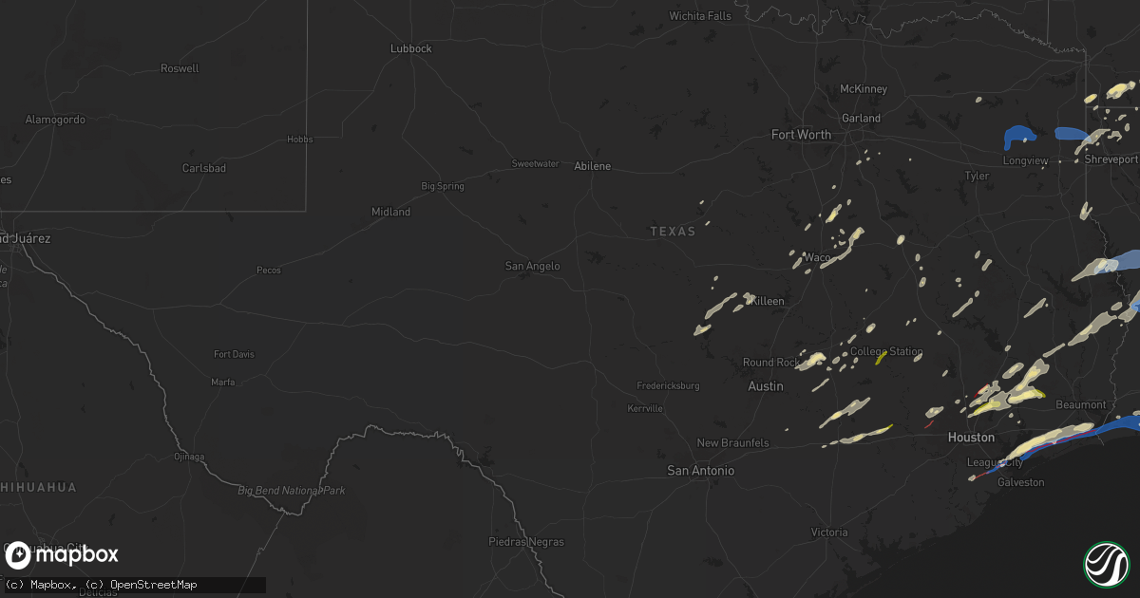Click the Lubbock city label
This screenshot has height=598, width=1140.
pos(411,48)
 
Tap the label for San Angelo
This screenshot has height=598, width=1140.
pos(532,266)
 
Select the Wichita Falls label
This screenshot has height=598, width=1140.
pos(700,16)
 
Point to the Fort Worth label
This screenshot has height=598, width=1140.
pos(801,135)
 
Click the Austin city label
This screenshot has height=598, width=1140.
pos(766,386)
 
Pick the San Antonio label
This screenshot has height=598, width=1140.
pos(701,471)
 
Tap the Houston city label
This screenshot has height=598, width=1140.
pos(971,438)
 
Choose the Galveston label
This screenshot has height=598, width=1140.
pos(1020,482)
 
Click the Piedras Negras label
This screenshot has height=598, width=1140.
pos(525,542)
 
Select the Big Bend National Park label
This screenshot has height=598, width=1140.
pos(291,491)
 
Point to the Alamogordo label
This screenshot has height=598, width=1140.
pos(55,120)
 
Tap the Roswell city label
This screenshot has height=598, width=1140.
pos(180,68)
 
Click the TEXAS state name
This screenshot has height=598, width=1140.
pos(673,232)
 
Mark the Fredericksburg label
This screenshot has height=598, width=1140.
pos(668,386)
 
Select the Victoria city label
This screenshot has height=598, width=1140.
pos(829,533)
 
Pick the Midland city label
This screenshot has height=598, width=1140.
pos(390,212)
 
